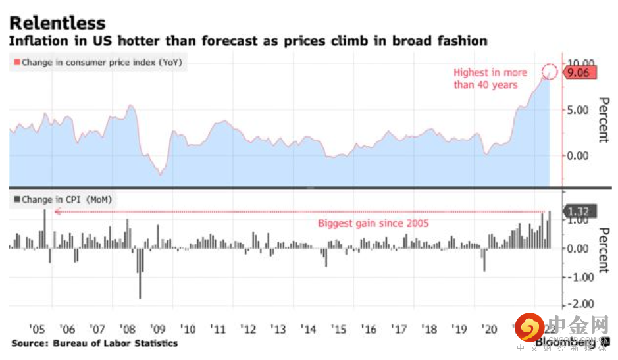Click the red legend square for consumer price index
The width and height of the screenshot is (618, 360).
(15, 63)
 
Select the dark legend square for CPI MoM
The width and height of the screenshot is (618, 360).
(15, 199)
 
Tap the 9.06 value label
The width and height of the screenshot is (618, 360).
(582, 73)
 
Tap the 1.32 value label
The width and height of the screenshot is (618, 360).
(579, 211)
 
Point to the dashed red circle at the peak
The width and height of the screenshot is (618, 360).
(550, 72)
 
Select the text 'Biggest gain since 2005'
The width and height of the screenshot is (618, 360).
(373, 223)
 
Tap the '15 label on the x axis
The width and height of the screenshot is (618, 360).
(338, 328)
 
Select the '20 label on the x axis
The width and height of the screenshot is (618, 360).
(489, 328)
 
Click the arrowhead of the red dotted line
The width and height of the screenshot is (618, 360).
(57, 211)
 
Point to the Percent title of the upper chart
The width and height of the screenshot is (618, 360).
(603, 120)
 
